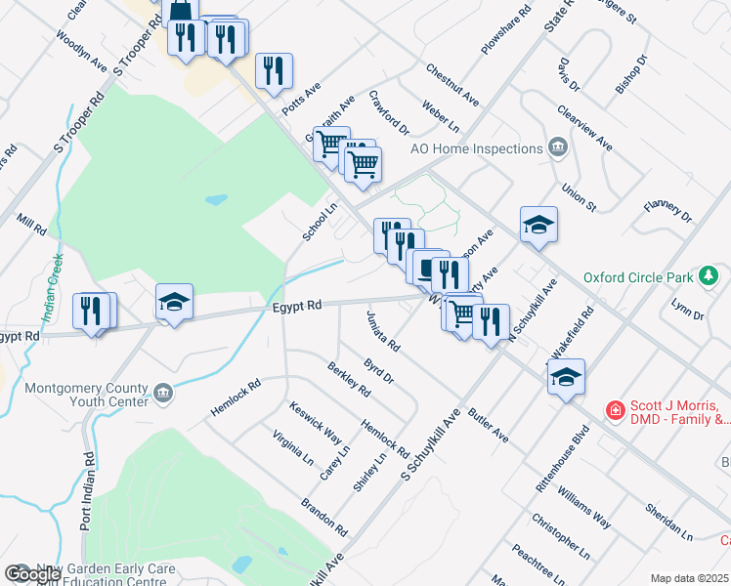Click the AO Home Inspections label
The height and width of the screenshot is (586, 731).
[x=476, y=148]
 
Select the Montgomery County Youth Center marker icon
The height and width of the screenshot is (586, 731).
[x=162, y=394]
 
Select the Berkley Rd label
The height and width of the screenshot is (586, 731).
[x=349, y=379]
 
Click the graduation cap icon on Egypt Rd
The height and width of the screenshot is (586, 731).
[x=174, y=301]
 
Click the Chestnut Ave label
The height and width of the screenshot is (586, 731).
[x=452, y=85]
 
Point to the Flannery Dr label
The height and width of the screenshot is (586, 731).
[x=667, y=211]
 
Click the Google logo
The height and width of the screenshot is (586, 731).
[x=32, y=574]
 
